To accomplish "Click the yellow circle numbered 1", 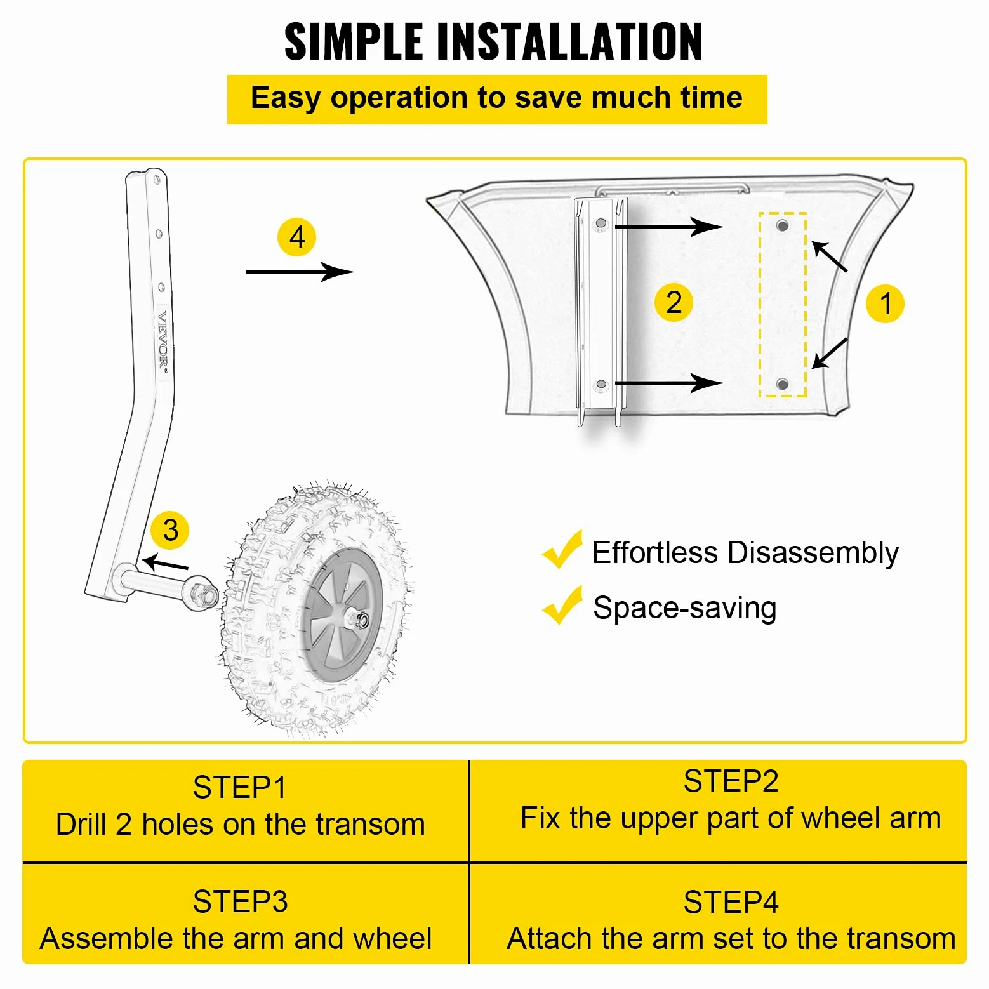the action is tap(885, 303).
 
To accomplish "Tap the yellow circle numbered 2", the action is tap(674, 302).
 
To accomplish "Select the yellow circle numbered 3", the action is tap(170, 530).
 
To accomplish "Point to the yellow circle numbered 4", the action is tap(296, 237).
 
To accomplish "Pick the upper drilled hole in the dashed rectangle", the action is tap(783, 225).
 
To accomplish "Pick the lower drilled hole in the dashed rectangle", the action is tap(783, 383).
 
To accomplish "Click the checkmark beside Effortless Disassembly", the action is tap(562, 549).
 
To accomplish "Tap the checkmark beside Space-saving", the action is tap(562, 605).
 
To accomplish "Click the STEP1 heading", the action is tap(240, 788).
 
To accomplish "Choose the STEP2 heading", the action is tap(731, 781).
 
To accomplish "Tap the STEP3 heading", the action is tap(240, 902).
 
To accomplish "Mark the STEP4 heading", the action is tap(731, 903).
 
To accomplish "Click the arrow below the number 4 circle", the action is tap(300, 272).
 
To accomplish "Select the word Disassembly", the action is tap(813, 553).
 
